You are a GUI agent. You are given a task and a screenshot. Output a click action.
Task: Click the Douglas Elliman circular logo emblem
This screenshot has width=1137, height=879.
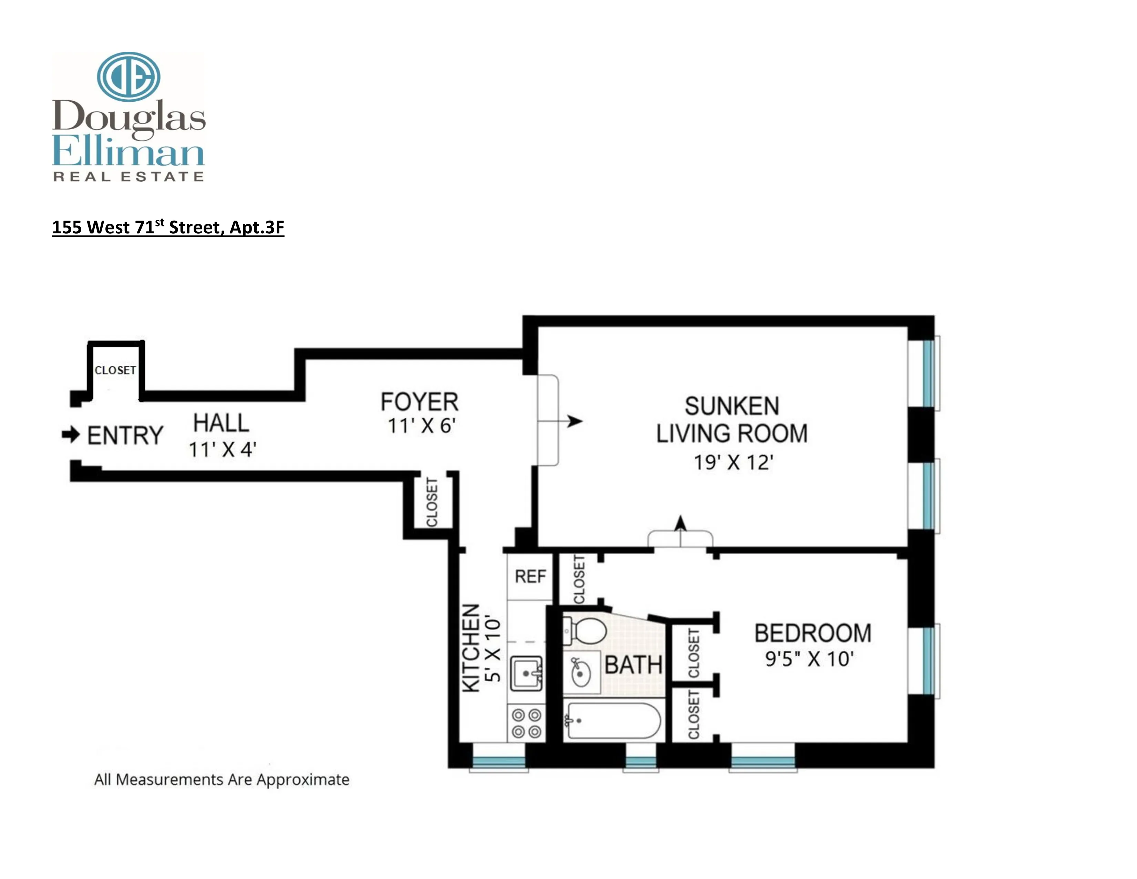[128, 77]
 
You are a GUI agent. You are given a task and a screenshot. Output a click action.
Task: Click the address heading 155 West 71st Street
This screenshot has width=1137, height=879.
[168, 228]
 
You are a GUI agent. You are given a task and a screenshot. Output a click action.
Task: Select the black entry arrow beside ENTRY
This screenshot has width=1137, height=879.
[71, 434]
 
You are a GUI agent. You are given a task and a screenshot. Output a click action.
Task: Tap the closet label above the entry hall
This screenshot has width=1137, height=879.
[115, 370]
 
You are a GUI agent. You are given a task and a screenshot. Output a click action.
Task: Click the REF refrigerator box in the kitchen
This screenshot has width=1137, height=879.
[530, 576]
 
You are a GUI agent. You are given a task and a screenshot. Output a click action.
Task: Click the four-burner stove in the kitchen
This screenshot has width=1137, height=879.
[526, 723]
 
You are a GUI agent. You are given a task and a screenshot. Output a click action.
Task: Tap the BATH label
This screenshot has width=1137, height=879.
[633, 665]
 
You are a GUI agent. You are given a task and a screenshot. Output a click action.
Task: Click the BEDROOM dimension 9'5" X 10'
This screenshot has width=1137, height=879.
[809, 659]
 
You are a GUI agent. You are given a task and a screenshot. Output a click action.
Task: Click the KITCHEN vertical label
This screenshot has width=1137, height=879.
[471, 648]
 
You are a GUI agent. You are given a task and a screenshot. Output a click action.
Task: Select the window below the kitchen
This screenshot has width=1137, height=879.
[499, 762]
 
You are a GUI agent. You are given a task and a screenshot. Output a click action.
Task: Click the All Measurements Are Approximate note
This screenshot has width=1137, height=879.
[221, 779]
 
